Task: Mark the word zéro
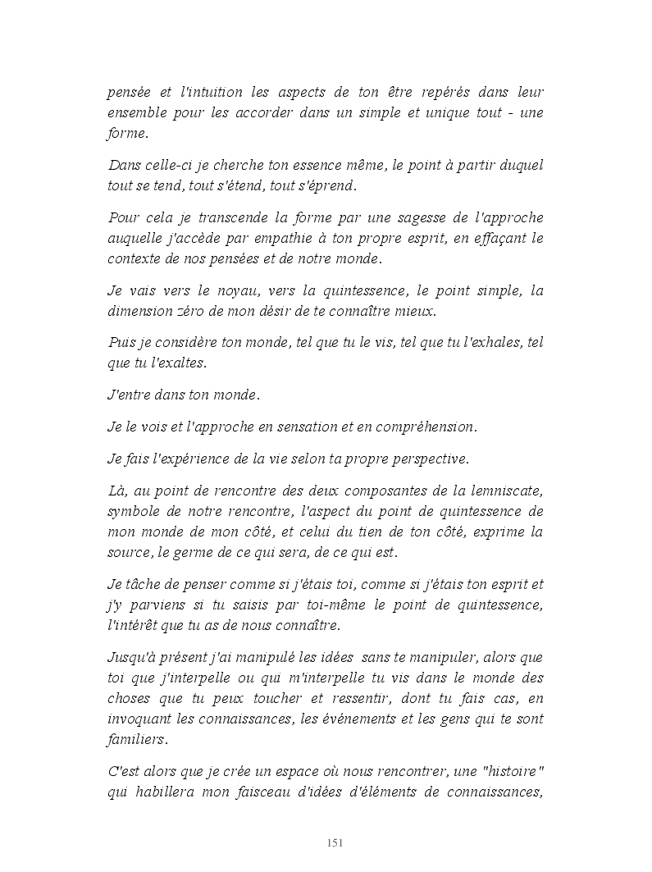191,311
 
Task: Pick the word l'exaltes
165,363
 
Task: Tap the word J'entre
130,395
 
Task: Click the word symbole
134,511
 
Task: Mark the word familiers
137,740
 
